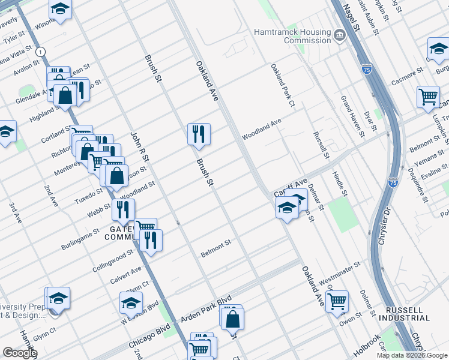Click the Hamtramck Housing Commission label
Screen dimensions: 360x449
[x=292, y=36]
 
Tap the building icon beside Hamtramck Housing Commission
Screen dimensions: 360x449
[x=339, y=35]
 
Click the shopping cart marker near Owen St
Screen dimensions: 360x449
[x=337, y=301]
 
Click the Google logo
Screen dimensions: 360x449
[x=20, y=352]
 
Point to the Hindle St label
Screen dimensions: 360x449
[x=340, y=183]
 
